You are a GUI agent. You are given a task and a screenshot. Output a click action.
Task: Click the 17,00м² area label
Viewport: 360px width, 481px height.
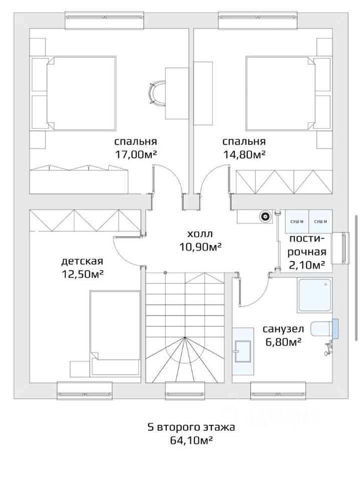(x=136, y=154)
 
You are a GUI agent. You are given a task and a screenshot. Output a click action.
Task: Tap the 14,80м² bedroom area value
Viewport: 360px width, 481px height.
(x=244, y=154)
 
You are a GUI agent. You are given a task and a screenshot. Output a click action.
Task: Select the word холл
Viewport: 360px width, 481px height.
(x=200, y=234)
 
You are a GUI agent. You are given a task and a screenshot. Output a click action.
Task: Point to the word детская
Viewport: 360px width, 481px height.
(x=82, y=262)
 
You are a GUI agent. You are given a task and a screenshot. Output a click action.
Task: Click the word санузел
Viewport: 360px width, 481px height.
(x=283, y=329)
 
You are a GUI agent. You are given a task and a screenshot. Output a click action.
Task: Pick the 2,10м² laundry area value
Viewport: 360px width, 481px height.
(x=307, y=265)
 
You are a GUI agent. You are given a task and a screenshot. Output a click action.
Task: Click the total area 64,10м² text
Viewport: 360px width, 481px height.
(x=192, y=440)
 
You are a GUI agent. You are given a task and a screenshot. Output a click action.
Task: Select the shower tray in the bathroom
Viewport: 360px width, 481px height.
(x=314, y=295)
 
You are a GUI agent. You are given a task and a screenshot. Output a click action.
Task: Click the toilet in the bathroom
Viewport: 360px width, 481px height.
(x=321, y=329)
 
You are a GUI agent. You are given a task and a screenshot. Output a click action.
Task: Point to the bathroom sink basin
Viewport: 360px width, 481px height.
(x=242, y=351)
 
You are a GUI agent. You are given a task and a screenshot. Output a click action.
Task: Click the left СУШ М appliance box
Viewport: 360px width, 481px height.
(x=297, y=221)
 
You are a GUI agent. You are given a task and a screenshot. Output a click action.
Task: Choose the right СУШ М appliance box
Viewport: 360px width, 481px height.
(x=320, y=221)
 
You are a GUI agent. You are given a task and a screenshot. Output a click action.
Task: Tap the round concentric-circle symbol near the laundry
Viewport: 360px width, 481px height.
(x=265, y=216)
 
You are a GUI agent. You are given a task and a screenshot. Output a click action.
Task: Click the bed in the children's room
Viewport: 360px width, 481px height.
(x=115, y=333)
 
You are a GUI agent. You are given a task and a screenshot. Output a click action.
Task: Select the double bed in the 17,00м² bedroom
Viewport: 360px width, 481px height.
(x=81, y=93)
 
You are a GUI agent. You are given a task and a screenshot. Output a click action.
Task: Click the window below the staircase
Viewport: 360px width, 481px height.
(x=185, y=391)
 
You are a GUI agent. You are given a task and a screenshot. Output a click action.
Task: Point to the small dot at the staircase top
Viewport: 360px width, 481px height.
(x=165, y=273)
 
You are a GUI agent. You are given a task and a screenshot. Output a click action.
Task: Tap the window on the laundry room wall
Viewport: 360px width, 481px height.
(x=341, y=248)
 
